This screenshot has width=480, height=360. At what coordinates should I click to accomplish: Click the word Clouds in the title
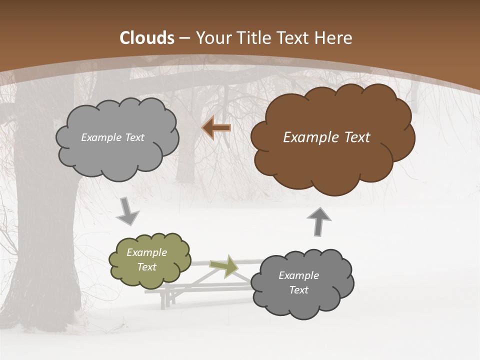147,38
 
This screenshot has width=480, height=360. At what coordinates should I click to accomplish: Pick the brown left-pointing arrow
216,128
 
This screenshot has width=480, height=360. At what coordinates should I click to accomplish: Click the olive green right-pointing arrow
224,266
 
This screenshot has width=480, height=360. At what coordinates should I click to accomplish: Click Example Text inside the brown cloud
326,137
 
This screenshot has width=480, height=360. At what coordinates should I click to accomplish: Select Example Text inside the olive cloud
147,259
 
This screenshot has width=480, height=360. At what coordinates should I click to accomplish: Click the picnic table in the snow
200,287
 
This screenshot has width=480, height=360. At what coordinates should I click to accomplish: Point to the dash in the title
184,38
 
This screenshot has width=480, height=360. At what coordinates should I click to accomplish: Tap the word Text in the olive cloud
147,267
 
